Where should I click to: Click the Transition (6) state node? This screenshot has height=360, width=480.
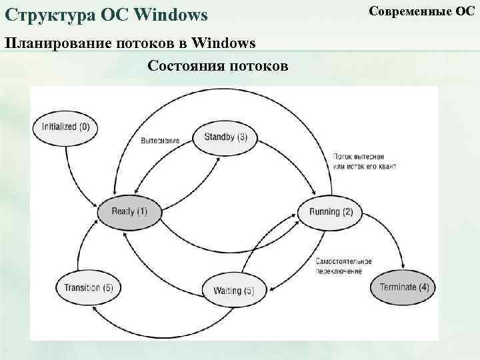click(89, 287)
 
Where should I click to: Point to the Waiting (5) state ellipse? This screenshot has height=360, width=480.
click(233, 290)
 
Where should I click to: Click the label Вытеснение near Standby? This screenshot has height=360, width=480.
click(160, 140)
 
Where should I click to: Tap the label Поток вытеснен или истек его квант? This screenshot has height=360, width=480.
click(363, 161)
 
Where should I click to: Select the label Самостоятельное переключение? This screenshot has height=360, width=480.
click(343, 266)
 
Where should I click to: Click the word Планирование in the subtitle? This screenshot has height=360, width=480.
click(57, 44)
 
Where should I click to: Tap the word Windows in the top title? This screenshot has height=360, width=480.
click(172, 13)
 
